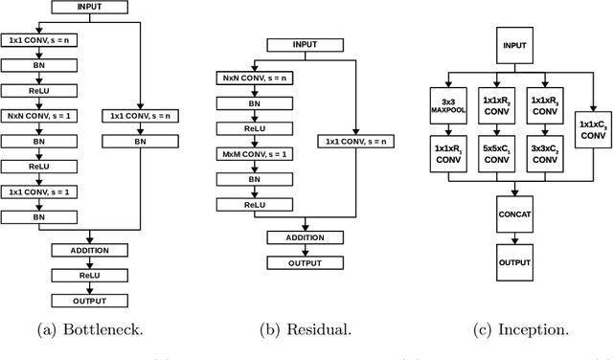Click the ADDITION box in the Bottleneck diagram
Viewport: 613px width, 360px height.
tap(89, 250)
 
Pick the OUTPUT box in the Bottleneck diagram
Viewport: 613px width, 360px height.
tap(89, 301)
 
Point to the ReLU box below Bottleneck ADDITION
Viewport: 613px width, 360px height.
tap(89, 276)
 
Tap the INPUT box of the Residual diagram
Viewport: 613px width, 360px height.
tap(304, 44)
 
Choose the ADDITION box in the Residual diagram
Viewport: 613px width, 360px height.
tap(304, 236)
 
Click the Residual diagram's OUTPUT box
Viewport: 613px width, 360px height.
tap(304, 262)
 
